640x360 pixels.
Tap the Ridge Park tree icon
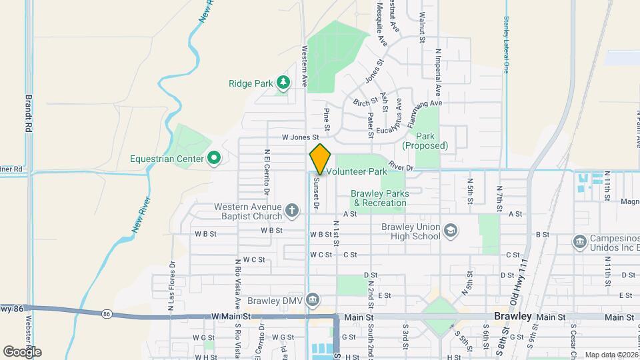284,83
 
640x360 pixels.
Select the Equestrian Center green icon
214,159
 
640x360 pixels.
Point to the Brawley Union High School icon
451,231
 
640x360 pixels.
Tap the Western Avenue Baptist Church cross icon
291,211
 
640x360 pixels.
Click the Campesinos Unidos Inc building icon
579,240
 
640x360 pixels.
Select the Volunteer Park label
357,172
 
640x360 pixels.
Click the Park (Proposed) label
425,141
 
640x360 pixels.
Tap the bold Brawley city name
513,317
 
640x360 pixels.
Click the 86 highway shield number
107,313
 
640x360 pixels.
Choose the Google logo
22,351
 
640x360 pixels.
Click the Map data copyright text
611,355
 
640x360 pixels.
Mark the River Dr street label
401,168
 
